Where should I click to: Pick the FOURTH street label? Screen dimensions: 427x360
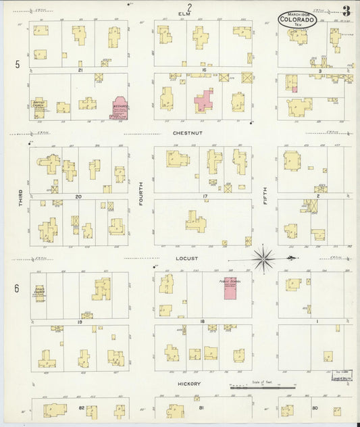pos(140,200)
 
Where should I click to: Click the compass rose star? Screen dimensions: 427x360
pos(263,257)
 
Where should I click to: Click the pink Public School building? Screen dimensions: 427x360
pos(231,288)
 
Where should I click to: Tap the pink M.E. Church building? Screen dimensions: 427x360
pos(122,106)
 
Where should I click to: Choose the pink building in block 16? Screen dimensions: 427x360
pos(203,102)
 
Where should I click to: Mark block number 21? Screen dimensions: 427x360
pos(80,70)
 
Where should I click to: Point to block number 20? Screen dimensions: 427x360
pos(79,196)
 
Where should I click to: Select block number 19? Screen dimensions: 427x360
pos(80,322)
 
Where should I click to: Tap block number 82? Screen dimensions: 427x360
pos(81,408)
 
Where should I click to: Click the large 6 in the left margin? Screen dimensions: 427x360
pos(16,288)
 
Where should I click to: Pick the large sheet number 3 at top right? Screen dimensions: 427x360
pos(345,11)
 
